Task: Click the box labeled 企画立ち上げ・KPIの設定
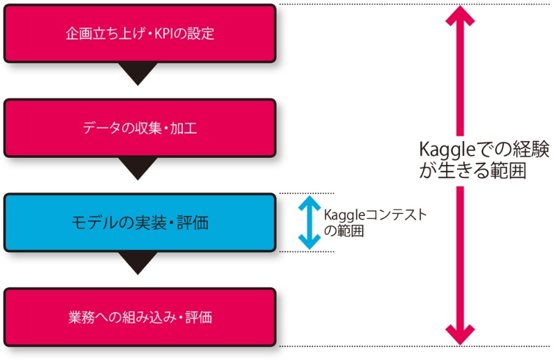140,33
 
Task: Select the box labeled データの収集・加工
140,127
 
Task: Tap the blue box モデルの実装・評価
140,223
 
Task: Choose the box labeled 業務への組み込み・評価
140,318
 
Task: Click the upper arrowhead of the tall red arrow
460,17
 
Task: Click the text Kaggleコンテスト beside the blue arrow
374,215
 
